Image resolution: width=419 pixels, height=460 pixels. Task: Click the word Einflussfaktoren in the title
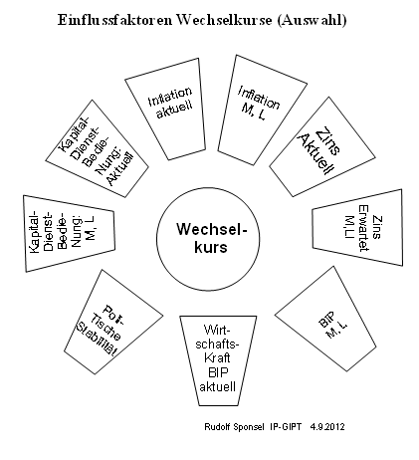click(x=115, y=20)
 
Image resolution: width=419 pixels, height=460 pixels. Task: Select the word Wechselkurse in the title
click(x=224, y=20)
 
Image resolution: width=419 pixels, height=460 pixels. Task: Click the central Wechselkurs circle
click(x=208, y=239)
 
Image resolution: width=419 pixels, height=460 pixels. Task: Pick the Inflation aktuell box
click(x=166, y=109)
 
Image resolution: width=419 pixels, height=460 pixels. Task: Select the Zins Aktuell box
click(x=321, y=147)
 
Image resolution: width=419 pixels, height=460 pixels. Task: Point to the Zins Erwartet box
click(x=357, y=228)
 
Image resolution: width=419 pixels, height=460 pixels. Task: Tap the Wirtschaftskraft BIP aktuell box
click(x=218, y=360)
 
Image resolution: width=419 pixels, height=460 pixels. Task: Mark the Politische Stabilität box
click(x=112, y=322)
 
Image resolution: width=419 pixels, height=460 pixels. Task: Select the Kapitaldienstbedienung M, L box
click(x=69, y=233)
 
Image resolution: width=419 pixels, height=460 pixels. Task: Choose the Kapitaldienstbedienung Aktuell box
click(x=97, y=148)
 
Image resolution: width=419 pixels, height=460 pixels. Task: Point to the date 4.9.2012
click(x=327, y=426)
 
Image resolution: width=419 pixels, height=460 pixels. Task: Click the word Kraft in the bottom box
click(x=217, y=357)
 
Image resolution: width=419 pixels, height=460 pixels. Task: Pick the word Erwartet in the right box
click(x=363, y=228)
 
